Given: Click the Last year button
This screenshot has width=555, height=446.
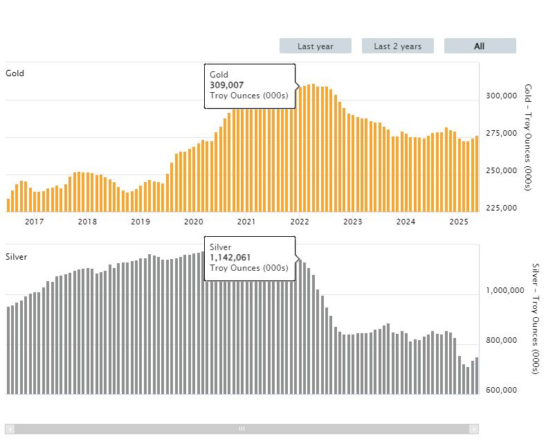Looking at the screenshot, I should coord(316,46).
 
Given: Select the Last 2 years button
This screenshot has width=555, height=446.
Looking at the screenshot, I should coord(398,46).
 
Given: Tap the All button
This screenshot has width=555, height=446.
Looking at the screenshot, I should coord(480,46).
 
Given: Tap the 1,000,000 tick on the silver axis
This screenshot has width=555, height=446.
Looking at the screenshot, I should coord(505,291).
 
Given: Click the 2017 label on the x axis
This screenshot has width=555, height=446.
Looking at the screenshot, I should coord(35,222).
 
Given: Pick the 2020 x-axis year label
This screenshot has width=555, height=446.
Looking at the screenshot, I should coord(194,222).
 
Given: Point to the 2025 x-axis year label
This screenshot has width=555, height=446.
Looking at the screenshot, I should coord(459,222).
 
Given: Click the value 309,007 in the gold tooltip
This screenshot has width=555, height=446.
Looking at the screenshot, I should coord(227,85).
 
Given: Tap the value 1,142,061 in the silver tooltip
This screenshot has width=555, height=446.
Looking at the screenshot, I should coord(230,258).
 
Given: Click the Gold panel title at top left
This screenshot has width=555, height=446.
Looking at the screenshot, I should coord(15,73).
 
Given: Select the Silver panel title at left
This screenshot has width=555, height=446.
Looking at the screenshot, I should coord(17,257).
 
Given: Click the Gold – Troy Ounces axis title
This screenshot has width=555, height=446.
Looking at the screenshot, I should coord(528,137).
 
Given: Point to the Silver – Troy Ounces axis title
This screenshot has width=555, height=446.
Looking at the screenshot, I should coord(534,318).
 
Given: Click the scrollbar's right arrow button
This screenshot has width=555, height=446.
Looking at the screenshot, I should coord(473,429).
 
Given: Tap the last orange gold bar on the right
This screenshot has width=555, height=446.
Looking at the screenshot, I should coord(476,173).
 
